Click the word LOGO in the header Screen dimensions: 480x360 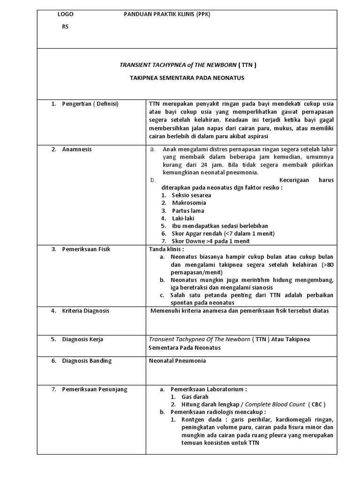tap(65, 15)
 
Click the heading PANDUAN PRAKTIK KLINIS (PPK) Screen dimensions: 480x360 tap(167, 15)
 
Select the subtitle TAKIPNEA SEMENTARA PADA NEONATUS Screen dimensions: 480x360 tap(187, 78)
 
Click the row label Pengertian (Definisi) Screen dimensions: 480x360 tap(90, 104)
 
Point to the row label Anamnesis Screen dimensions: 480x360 tap(77, 149)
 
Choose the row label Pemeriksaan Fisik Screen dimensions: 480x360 tap(86, 249)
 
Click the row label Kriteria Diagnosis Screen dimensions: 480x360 tap(85, 311)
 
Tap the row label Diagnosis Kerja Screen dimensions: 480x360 tap(82, 339)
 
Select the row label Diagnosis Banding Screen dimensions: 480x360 tap(87, 360)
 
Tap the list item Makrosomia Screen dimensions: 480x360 tap(189, 203)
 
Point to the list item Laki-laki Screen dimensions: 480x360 tap(183, 218)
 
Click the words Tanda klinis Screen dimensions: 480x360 tap(166, 249)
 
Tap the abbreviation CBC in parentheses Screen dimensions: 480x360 tap(317, 404)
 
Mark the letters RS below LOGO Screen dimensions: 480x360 tap(65, 27)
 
